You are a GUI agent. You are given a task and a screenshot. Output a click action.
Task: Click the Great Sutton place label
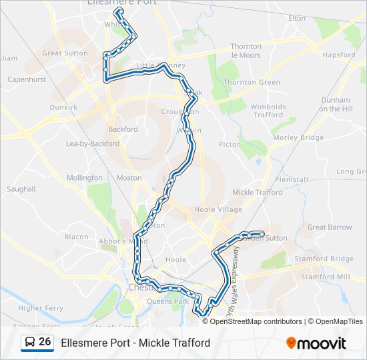tap(65, 53)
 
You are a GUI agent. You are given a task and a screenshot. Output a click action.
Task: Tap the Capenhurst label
tap(26, 79)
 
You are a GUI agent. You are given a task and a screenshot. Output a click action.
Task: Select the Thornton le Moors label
tap(246, 51)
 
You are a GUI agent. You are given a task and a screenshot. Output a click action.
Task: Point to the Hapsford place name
tap(338, 55)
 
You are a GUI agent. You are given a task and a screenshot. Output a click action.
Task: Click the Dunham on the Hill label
tap(335, 104)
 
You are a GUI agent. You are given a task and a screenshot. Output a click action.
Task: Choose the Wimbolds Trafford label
tap(268, 111)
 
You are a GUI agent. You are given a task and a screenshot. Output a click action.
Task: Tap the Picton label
tap(230, 144)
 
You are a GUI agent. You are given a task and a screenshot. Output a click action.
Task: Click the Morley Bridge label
tap(298, 137)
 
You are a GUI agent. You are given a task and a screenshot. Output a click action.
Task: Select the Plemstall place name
tap(291, 179)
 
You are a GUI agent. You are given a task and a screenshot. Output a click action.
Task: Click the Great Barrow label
tap(330, 227)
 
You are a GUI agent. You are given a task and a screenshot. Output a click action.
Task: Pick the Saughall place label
tap(21, 189)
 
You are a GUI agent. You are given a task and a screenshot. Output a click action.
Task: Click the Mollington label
tap(85, 178)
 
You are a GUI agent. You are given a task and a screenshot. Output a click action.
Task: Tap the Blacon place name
tap(76, 237)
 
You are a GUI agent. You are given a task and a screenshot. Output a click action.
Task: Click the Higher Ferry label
tap(40, 308)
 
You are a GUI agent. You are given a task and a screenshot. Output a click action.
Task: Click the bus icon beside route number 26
tap(30, 343)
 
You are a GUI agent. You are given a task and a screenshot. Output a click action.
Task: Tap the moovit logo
tap(316, 343)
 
